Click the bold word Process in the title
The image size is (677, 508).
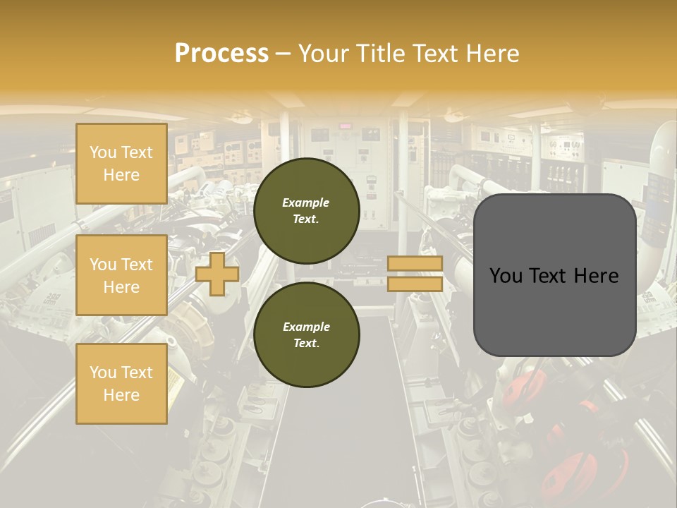click(x=221, y=54)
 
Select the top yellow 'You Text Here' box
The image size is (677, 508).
click(x=121, y=164)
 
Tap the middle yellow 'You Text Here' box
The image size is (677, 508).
click(x=121, y=275)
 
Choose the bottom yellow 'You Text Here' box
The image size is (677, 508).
click(x=121, y=384)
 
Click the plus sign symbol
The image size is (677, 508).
click(x=217, y=274)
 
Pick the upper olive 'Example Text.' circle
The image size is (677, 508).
click(x=306, y=211)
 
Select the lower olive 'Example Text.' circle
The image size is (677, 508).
click(x=306, y=335)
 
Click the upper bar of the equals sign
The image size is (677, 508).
click(x=415, y=264)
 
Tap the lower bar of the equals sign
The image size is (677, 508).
click(x=415, y=284)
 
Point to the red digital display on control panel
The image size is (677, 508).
click(x=346, y=126)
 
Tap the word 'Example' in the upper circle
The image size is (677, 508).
click(x=306, y=203)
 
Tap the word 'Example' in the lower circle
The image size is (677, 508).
click(x=306, y=327)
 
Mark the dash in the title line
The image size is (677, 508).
click(x=283, y=54)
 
